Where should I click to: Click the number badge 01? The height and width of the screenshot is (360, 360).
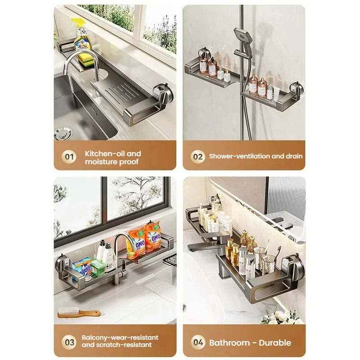pos(69,157)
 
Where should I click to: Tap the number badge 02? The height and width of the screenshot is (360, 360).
pos(198,157)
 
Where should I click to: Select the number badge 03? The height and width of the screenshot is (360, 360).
pos(69,341)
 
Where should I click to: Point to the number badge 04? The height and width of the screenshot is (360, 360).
pos(198,342)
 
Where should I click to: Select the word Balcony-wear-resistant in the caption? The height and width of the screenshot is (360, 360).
pos(120,337)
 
